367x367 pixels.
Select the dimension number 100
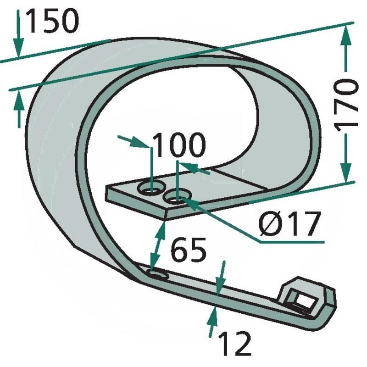(x=179, y=145)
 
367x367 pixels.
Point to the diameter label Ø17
(x=289, y=224)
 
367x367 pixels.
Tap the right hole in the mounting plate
(x=178, y=197)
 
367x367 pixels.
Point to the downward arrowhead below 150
(x=18, y=48)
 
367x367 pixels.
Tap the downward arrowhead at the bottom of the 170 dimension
(x=346, y=173)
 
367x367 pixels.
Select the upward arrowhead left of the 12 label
(x=213, y=317)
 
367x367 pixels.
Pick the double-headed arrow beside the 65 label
(x=157, y=246)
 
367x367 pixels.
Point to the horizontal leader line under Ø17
(x=292, y=241)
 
